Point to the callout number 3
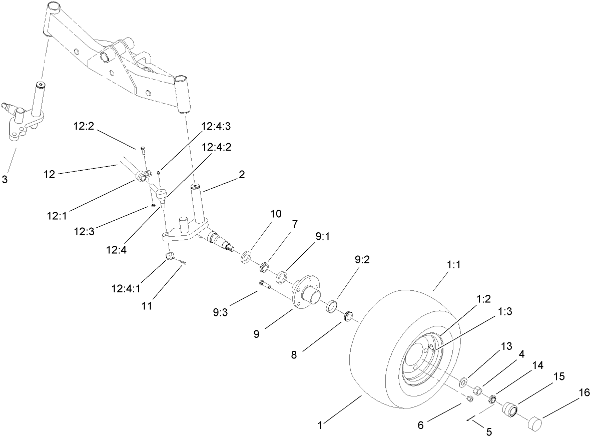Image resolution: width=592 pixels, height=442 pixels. pos(5,179)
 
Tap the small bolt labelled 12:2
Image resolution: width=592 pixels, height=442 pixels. pos(143,149)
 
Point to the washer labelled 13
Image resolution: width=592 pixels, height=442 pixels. pos(463,382)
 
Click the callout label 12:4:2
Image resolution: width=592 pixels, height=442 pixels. pos(217,147)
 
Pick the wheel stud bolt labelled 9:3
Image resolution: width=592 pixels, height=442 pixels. pos(265,284)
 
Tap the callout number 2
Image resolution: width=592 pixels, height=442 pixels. pos(242,174)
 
